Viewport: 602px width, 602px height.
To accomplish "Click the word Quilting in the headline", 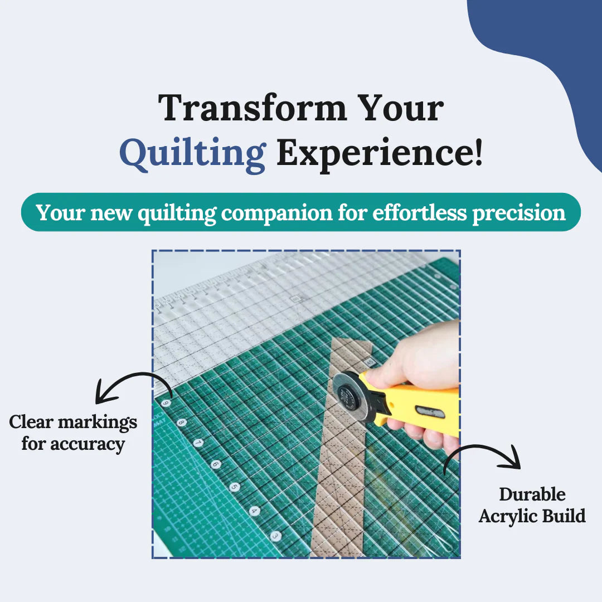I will (192, 154).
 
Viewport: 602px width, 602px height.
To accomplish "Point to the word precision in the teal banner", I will (518, 212).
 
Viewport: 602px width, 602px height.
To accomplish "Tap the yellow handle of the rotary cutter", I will (418, 404).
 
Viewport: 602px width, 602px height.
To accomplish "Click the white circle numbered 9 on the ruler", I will (166, 403).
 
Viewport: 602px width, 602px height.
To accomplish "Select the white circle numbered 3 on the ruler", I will (275, 536).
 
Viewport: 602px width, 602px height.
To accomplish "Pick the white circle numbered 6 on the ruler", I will (216, 464).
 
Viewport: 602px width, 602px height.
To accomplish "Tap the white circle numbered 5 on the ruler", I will (235, 487).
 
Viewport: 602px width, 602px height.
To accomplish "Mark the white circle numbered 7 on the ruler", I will (198, 443).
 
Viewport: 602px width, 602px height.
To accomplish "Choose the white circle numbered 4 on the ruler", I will (254, 511).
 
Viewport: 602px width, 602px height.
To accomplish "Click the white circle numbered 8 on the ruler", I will (181, 423).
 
